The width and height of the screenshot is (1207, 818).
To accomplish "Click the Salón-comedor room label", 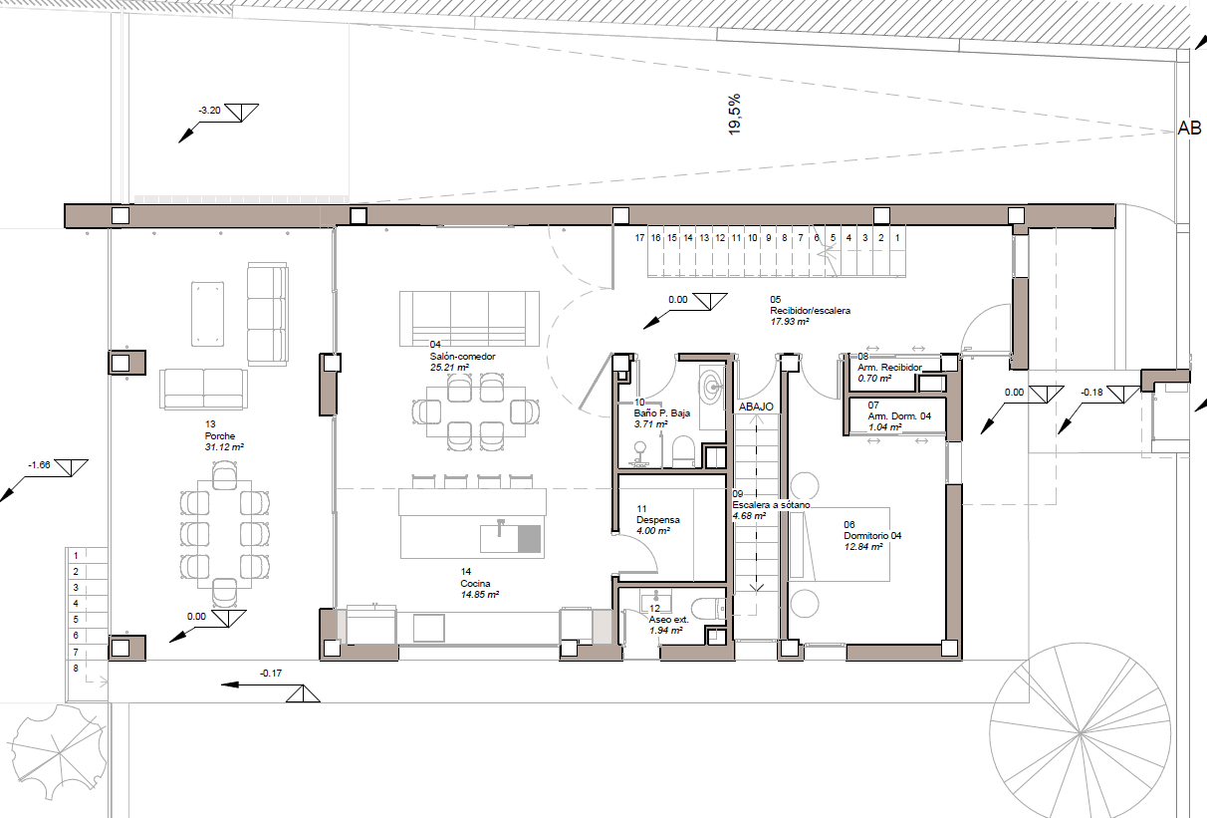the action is pos(462,357).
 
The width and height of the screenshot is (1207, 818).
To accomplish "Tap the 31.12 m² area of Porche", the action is pos(224,447).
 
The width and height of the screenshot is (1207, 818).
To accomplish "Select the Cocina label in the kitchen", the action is pos(475,584).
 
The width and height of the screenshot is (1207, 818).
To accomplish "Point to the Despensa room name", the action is pos(658,520).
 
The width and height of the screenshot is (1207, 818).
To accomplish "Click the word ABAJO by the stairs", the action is pos(756,407).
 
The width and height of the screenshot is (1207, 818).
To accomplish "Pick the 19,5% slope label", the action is pos(734,115).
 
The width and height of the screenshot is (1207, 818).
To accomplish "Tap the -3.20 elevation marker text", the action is pos(209,110).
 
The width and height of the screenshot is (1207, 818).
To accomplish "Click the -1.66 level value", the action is pos(39,465).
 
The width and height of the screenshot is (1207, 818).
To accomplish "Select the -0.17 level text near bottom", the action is pos(271,673).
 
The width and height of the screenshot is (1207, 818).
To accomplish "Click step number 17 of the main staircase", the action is pos(639,238).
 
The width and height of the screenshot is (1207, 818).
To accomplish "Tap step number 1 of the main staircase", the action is pos(897,237).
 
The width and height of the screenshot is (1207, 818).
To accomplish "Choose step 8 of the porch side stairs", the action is pos(76,669).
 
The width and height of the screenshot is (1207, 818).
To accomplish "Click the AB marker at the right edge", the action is pos(1189,129).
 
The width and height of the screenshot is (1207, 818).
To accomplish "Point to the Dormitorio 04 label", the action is pos(872,535).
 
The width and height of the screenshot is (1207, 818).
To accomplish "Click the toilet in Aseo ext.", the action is pos(707,610).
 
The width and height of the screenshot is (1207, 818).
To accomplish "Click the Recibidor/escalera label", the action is pos(810,311).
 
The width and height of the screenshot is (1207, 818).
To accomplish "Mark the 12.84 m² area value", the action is pos(862,547).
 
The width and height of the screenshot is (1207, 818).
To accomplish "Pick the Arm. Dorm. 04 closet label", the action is pos(899,416).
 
